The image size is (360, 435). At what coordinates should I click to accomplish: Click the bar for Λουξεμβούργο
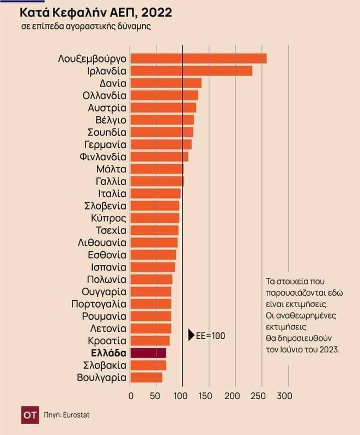pos(198,59)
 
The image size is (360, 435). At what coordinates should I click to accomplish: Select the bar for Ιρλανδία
pos(191,71)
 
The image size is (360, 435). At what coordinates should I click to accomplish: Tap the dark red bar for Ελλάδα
pos(148,353)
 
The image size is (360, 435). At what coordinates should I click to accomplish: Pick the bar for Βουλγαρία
pos(147,377)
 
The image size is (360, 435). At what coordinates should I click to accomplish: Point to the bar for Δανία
pos(166,83)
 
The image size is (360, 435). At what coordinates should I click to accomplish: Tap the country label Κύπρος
pos(109,218)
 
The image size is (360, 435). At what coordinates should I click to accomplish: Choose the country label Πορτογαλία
pos(99,304)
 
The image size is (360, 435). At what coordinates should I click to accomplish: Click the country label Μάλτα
pos(111,169)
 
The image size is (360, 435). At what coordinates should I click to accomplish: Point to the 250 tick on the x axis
pos(260,395)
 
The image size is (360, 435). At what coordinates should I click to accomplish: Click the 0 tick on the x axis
pos(131,395)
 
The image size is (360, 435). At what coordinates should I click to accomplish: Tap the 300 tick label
pos(285,395)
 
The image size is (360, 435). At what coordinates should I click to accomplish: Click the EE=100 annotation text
pos(210,335)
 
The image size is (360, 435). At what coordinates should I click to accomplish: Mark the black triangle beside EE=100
pos(191,335)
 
